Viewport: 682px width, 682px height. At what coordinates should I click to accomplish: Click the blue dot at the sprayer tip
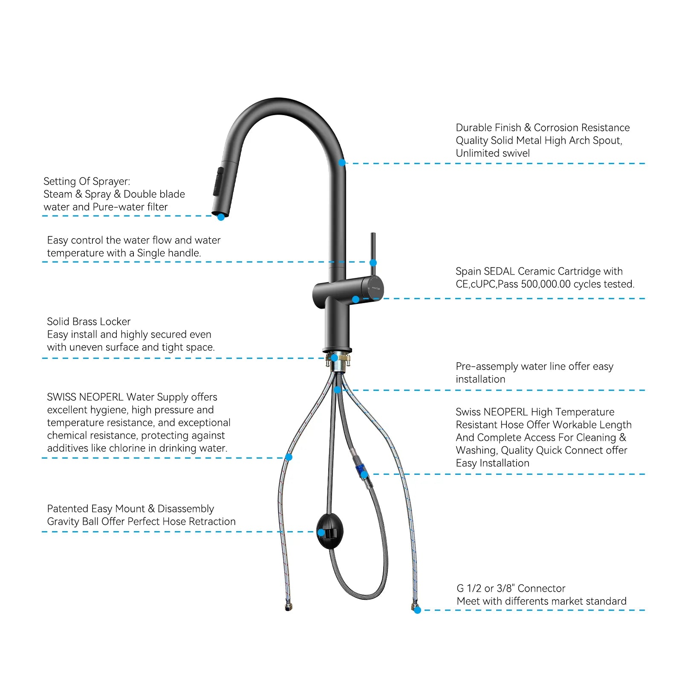point(221,217)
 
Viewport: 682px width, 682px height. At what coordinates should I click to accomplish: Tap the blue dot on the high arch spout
point(342,163)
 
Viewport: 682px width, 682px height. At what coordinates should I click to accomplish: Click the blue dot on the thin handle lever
point(373,263)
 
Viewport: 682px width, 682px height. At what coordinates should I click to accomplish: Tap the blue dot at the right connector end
point(417,610)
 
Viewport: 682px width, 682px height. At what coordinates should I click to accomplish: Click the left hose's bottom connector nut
point(289,607)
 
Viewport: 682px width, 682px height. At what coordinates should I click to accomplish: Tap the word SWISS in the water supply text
point(61,397)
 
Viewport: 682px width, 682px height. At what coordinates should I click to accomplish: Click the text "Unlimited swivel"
point(492,153)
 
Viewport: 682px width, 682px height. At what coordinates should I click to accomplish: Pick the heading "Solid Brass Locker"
point(89,322)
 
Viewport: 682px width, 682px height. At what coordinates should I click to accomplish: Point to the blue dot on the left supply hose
point(289,457)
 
